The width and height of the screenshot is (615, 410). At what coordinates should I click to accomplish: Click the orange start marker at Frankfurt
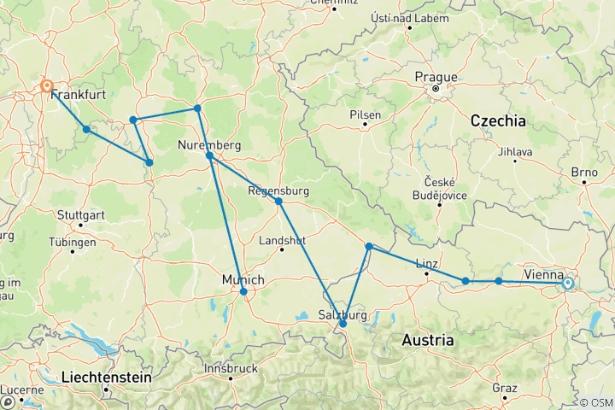47,86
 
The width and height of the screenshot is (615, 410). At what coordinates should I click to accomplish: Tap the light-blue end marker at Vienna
567,283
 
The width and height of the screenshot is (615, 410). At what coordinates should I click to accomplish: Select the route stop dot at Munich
243,292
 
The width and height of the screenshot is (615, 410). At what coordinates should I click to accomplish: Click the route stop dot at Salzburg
343,324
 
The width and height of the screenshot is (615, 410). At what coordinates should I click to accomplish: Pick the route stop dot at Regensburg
278,201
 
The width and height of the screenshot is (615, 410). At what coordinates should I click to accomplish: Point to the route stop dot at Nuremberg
209,155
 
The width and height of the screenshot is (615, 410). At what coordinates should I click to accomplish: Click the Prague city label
436,77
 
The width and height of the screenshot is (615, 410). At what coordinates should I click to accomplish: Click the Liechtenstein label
106,377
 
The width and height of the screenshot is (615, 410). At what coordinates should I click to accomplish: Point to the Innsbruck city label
231,368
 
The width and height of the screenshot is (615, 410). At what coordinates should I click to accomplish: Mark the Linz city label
427,262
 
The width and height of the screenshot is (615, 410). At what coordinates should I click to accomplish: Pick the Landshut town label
282,241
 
